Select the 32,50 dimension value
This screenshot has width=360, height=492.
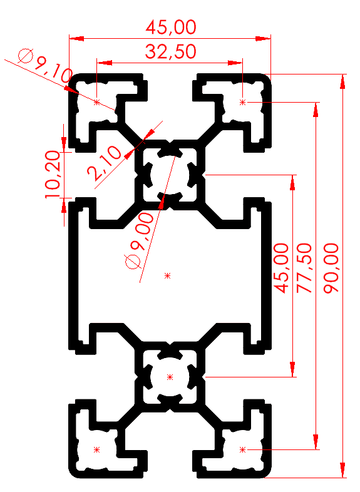click(170, 51)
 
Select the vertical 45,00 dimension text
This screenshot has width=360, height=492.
click(282, 268)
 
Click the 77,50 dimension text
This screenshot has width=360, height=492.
click(304, 268)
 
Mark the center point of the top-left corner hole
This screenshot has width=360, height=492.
click(96, 101)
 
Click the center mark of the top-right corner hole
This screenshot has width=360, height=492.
click(242, 101)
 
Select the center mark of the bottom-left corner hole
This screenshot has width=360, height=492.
click(96, 449)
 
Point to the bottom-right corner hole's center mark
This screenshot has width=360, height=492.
click(242, 449)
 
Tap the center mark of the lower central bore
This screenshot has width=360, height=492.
click(170, 377)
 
